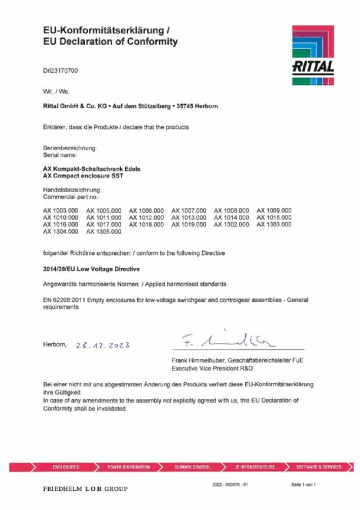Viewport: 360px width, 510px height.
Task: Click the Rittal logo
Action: coord(313,55)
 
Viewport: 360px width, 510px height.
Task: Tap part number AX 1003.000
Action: coord(60,211)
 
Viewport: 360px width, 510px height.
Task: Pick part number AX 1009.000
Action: coord(274,211)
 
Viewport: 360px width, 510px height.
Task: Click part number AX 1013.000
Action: coord(188,217)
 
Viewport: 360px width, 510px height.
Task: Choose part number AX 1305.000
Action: coord(103,231)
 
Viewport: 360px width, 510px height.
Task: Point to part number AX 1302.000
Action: coord(231,224)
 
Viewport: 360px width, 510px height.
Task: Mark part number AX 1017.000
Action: coord(103,224)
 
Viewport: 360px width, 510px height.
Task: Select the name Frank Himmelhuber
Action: coord(198,360)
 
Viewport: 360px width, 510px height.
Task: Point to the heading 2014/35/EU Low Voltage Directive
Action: coord(91,269)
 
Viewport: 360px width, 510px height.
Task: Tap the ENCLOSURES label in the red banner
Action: coord(65,467)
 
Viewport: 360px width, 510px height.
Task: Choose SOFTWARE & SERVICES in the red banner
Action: coord(318,467)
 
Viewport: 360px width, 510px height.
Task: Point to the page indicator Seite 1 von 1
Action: coord(303,485)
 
